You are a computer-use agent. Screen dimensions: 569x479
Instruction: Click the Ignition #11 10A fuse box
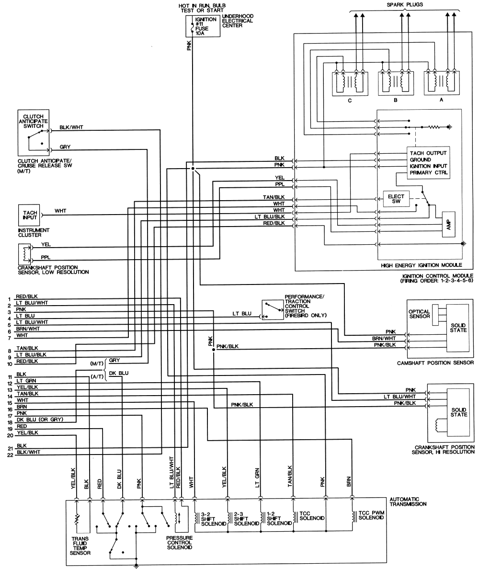(x=203, y=26)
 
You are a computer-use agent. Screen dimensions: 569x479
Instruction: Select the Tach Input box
(x=26, y=215)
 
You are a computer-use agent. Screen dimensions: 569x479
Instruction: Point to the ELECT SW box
(x=396, y=200)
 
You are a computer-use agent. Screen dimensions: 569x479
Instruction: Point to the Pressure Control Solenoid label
(x=179, y=542)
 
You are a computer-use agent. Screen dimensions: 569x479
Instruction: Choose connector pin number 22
(x=10, y=455)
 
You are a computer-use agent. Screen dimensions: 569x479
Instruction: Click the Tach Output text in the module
(x=428, y=153)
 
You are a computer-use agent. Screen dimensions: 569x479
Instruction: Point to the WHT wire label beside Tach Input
(x=60, y=211)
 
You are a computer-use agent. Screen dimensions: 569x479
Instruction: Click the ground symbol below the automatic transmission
(x=137, y=565)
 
